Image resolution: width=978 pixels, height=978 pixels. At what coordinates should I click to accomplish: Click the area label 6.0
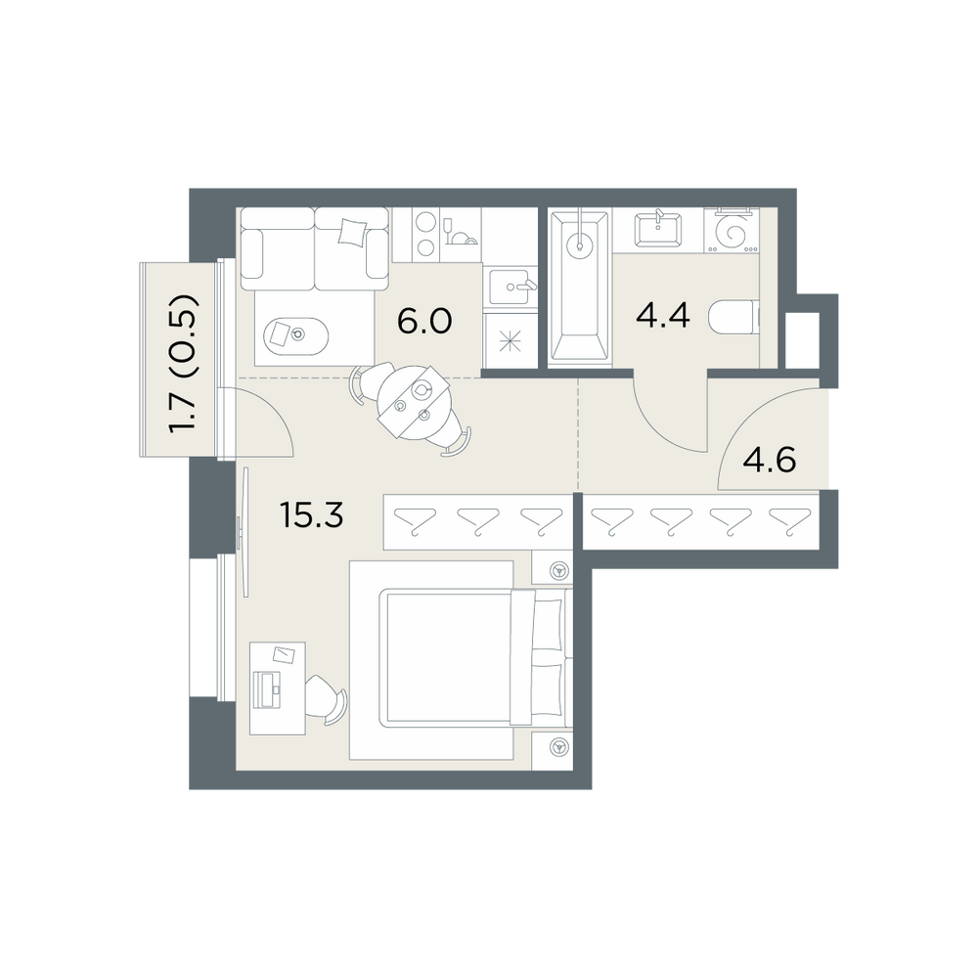tap(424, 322)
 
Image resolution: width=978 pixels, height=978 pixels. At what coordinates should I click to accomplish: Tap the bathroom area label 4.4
tap(663, 315)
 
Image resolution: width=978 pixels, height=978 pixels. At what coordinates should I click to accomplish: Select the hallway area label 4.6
tap(770, 462)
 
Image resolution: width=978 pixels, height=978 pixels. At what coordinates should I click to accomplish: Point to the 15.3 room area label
tap(312, 515)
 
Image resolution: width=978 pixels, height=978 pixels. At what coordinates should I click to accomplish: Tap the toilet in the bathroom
tap(734, 317)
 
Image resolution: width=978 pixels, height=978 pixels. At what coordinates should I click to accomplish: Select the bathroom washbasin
tap(658, 230)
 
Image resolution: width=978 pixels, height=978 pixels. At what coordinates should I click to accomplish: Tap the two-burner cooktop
tap(425, 234)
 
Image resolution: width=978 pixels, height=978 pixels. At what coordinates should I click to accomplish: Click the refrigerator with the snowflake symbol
tap(509, 341)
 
